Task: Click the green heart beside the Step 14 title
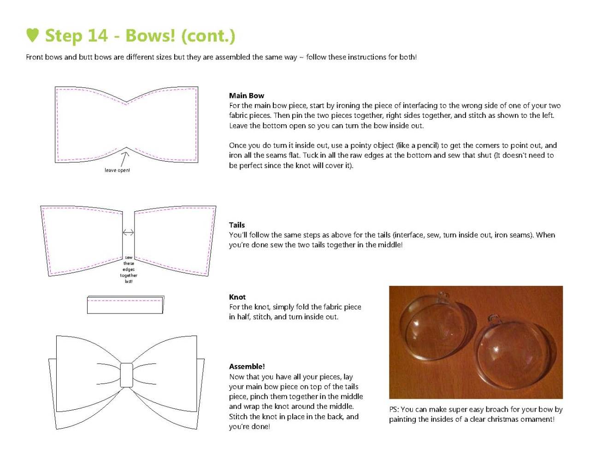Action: (x=33, y=35)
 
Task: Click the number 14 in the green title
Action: (x=98, y=35)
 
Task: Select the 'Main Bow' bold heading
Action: (x=246, y=95)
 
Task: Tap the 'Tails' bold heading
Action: (x=237, y=225)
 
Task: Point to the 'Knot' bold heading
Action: (x=237, y=297)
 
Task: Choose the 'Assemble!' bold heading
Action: (x=247, y=366)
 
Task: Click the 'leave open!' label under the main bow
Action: (x=117, y=170)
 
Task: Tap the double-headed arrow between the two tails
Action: (x=128, y=232)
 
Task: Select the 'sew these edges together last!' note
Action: (x=129, y=269)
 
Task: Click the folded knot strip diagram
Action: (x=125, y=305)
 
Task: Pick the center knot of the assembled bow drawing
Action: (x=126, y=375)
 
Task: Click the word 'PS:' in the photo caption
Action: (x=394, y=409)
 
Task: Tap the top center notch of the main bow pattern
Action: (x=126, y=102)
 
